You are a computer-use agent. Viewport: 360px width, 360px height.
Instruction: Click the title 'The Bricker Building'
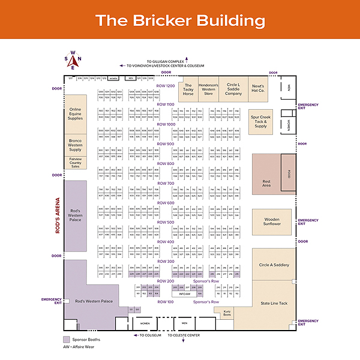click(180, 20)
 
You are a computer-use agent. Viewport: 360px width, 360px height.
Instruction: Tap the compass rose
click(73, 59)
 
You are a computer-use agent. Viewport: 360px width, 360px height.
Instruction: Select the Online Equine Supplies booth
click(76, 113)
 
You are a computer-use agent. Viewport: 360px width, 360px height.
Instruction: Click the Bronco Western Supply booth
click(76, 145)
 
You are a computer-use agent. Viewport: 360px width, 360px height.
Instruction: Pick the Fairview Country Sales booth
click(76, 163)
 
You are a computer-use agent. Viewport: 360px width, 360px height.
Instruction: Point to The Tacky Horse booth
click(188, 89)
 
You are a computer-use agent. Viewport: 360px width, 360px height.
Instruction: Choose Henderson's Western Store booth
click(209, 89)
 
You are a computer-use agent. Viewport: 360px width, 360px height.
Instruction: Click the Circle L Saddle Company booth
click(233, 89)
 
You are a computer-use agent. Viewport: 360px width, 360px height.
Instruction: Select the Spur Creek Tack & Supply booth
click(260, 122)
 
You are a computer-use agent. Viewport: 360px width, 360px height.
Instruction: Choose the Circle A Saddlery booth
click(274, 265)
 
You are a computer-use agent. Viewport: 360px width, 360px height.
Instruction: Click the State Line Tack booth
click(274, 303)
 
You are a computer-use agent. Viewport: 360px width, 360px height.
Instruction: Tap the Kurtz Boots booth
click(227, 313)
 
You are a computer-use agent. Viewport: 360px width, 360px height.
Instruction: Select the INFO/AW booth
click(184, 294)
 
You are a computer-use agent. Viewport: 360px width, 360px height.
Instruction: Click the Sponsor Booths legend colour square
click(66, 339)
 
